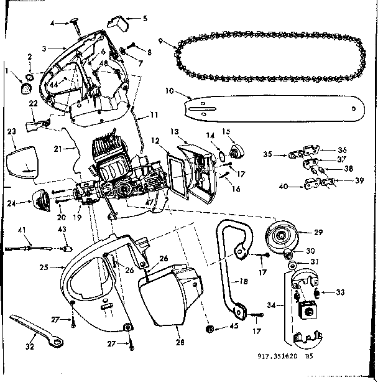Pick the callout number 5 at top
(x=144, y=19)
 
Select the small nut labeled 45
(x=210, y=328)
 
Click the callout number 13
(x=175, y=132)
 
